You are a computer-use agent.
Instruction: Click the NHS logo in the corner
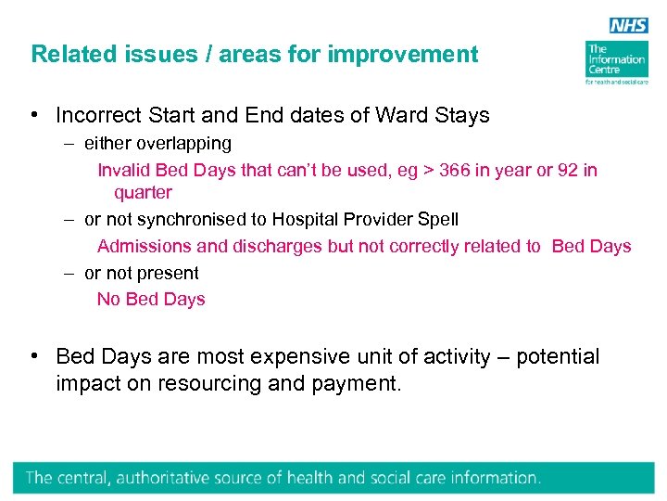pos(628,27)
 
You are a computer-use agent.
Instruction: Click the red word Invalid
pos(124,170)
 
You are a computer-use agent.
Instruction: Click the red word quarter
pos(143,193)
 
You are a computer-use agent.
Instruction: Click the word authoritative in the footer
pos(195,479)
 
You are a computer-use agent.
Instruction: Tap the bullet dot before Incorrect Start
pos(33,116)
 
